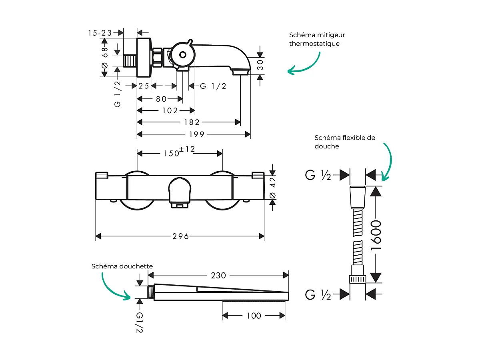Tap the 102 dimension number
click(x=170, y=110)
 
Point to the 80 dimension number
click(x=161, y=99)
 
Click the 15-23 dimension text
click(x=100, y=33)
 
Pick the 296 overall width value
click(x=180, y=236)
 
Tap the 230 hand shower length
click(x=218, y=275)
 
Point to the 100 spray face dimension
click(x=254, y=316)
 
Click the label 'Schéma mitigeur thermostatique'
click(x=317, y=39)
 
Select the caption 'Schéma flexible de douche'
click(x=345, y=142)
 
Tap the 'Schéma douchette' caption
click(x=122, y=266)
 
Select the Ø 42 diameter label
click(x=273, y=188)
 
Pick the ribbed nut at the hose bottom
click(x=358, y=279)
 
